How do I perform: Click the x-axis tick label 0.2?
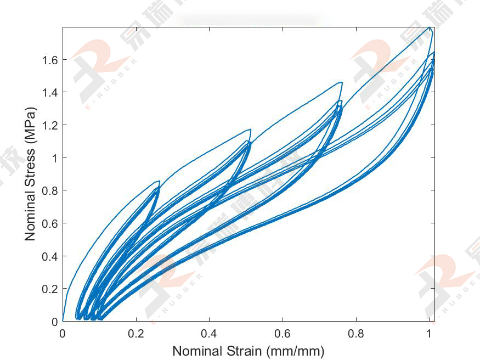136,333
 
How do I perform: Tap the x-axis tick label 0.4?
209,333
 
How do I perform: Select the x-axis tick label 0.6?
283,333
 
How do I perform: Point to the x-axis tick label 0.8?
356,333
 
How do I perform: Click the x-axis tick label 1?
429,333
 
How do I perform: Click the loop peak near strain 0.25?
159,181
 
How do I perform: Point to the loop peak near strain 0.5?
250,130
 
